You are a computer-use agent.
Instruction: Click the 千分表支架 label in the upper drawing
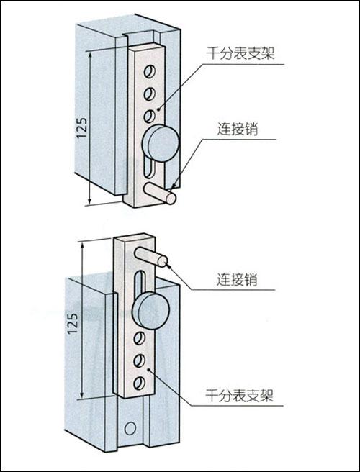[x=240, y=54]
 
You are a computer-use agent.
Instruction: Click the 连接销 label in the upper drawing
[x=238, y=130]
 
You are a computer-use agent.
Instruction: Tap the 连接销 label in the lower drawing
[x=238, y=280]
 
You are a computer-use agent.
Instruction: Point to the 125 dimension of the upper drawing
[x=81, y=127]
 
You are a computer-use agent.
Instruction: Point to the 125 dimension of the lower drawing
[x=73, y=323]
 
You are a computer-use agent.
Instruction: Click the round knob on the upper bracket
[x=161, y=144]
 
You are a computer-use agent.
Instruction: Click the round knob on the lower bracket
[x=152, y=310]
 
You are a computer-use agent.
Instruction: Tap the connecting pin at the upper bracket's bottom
[x=160, y=193]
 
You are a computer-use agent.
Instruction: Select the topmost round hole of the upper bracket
[x=149, y=72]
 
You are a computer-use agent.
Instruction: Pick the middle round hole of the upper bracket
[x=149, y=94]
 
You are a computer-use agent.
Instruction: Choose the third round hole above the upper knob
[x=148, y=116]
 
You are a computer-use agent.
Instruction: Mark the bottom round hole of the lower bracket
[x=139, y=383]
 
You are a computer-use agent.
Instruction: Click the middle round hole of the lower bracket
[x=139, y=360]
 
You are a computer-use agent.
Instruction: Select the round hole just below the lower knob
[x=139, y=338]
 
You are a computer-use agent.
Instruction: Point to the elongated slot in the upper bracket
[x=149, y=168]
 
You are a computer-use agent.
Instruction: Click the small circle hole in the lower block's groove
[x=130, y=427]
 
